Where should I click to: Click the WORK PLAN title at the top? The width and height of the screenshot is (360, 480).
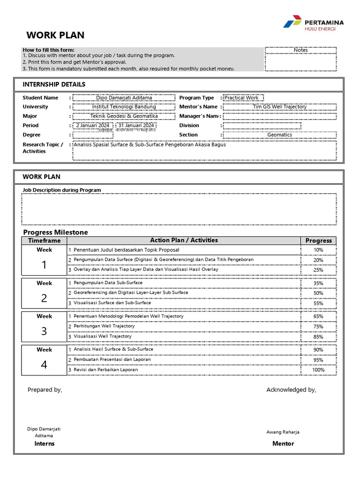click(55, 35)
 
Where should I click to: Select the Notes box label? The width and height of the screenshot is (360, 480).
click(300, 50)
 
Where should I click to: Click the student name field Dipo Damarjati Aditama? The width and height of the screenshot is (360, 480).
click(124, 98)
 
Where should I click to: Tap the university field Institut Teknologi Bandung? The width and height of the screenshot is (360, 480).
click(124, 107)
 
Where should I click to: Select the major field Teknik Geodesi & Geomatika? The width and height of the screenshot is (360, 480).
click(124, 116)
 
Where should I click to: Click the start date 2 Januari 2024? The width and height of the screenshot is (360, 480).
click(93, 126)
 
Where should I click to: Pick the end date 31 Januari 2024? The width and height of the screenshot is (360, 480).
click(136, 126)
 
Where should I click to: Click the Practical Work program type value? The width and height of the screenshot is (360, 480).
click(241, 98)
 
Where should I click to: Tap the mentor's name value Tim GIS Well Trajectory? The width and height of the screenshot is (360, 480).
click(279, 107)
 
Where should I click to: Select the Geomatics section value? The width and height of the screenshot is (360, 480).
click(279, 135)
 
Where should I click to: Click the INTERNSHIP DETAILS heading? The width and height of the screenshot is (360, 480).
click(54, 84)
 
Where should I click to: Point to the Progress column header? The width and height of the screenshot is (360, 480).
click(318, 240)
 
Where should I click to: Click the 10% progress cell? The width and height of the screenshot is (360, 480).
click(318, 250)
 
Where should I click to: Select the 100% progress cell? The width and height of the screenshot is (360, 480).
click(318, 370)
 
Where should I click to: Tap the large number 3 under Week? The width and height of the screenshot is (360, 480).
click(44, 331)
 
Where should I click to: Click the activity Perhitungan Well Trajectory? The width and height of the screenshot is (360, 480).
click(104, 326)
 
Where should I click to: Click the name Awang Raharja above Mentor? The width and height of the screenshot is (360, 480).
click(283, 432)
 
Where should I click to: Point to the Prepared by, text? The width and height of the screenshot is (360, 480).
click(45, 390)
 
